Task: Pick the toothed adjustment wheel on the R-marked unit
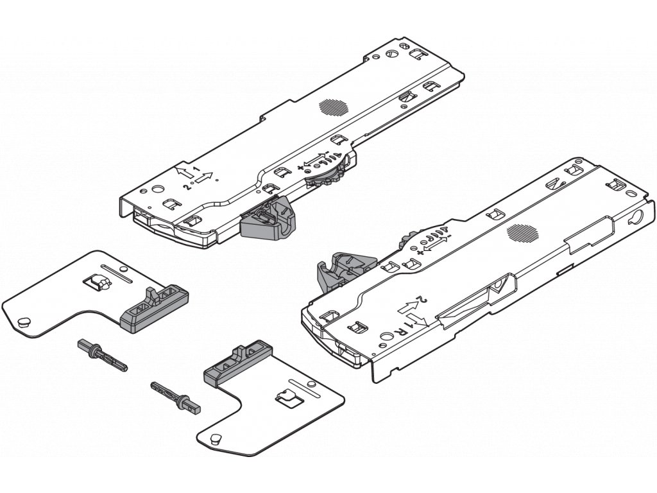point(404,242)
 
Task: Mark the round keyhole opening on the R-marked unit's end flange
point(638,216)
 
